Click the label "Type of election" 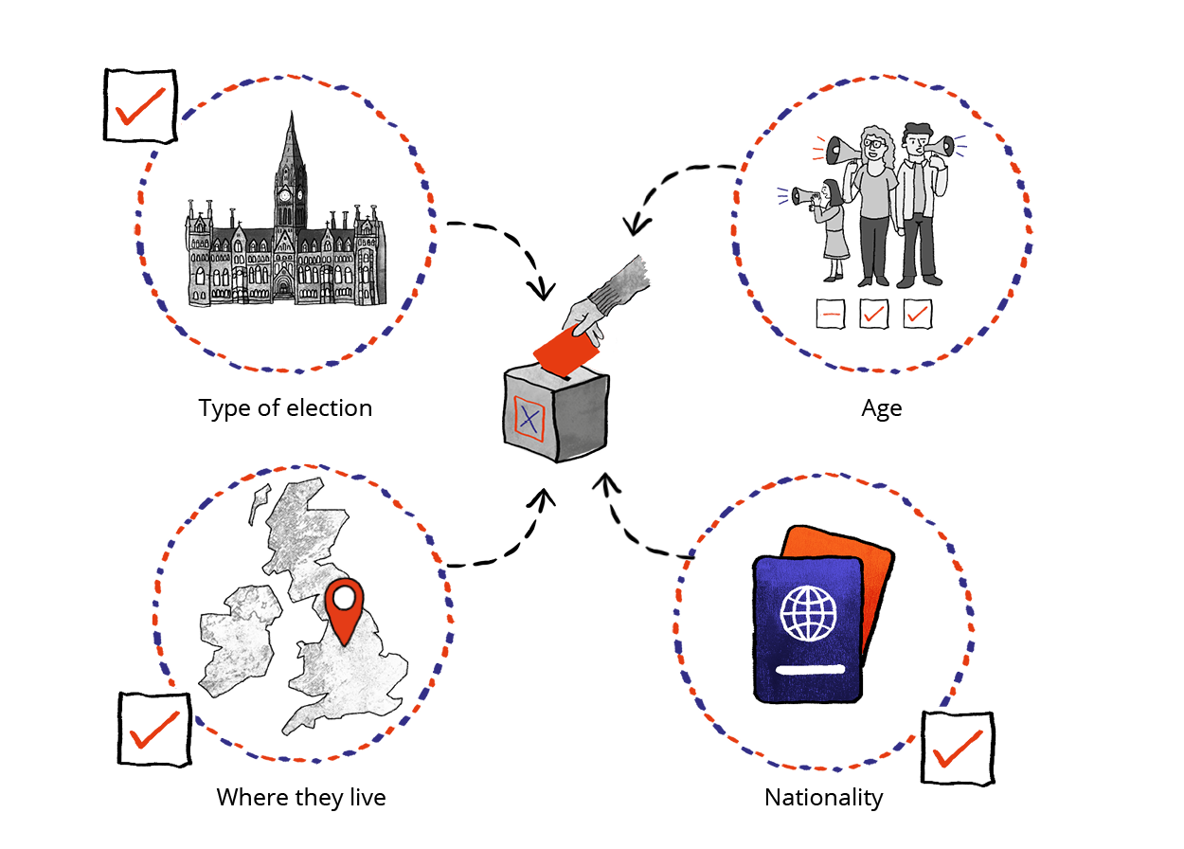[x=285, y=408]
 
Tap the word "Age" [x=881, y=408]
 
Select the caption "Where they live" [x=301, y=797]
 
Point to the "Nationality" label [x=823, y=798]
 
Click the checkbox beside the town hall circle [x=139, y=105]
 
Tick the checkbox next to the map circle [x=154, y=729]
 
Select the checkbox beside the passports [x=958, y=749]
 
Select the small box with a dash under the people [x=831, y=314]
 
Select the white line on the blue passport [x=809, y=671]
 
